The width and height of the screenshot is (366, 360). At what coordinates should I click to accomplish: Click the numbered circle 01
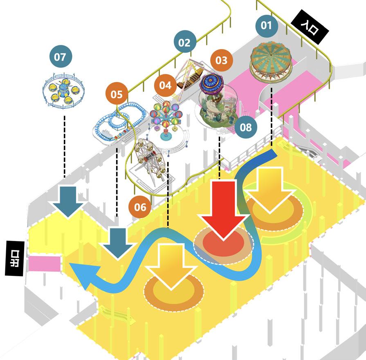[266, 25]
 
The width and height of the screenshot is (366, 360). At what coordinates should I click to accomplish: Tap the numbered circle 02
[185, 42]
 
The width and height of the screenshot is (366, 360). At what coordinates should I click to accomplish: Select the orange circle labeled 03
[221, 60]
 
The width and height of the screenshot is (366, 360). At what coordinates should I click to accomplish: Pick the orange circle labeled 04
[165, 85]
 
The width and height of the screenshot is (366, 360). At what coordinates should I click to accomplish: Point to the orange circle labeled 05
[117, 94]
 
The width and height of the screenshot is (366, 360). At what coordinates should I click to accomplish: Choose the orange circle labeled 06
[140, 207]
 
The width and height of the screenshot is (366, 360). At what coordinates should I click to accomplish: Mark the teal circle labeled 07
[60, 56]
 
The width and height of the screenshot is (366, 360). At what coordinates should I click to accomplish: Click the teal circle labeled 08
[245, 127]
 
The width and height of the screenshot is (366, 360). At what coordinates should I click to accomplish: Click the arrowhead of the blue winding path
[80, 276]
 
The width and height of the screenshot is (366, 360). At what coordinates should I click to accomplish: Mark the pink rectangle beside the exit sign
[45, 263]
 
